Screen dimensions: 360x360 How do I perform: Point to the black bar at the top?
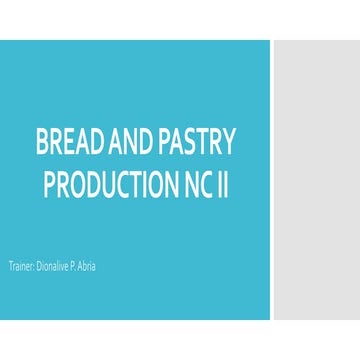tap(180, 19)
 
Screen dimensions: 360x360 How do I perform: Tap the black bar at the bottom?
tap(180, 340)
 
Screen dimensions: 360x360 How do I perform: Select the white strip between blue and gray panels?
tap(272, 180)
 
